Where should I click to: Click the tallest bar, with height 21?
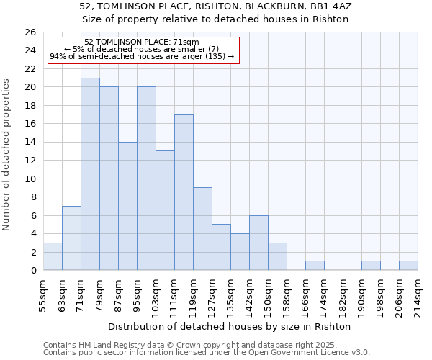click(x=90, y=174)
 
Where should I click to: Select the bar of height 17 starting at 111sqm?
click(x=184, y=192)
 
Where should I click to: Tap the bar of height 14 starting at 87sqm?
click(x=127, y=206)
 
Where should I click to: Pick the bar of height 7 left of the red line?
click(x=71, y=238)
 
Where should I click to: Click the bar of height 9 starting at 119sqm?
click(x=202, y=229)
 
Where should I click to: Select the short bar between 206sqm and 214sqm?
click(x=408, y=266)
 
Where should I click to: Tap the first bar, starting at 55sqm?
click(x=53, y=256)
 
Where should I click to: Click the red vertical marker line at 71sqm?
click(x=81, y=180)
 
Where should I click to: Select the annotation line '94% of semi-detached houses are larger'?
click(x=142, y=56)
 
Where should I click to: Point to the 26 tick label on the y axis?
click(x=30, y=32)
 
